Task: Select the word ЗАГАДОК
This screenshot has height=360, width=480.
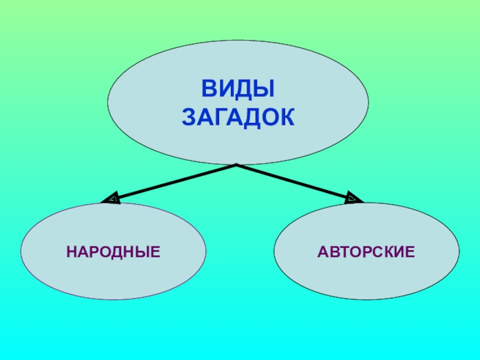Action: (238, 116)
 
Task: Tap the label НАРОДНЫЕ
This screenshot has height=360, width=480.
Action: (113, 251)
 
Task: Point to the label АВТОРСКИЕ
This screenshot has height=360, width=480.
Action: (367, 251)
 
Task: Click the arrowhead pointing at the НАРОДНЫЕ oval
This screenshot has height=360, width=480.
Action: (111, 199)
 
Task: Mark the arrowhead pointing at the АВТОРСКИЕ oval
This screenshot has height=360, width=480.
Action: (355, 197)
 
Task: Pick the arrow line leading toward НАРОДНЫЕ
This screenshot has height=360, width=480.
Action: (174, 181)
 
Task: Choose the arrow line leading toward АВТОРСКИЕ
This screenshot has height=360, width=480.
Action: (294, 181)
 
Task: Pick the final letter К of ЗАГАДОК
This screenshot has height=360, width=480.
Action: (288, 116)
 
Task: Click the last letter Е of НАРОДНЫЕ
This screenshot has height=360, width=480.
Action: (156, 251)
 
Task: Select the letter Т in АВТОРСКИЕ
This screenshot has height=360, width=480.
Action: (345, 251)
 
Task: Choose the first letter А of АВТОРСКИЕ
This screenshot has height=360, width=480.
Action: (323, 251)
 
